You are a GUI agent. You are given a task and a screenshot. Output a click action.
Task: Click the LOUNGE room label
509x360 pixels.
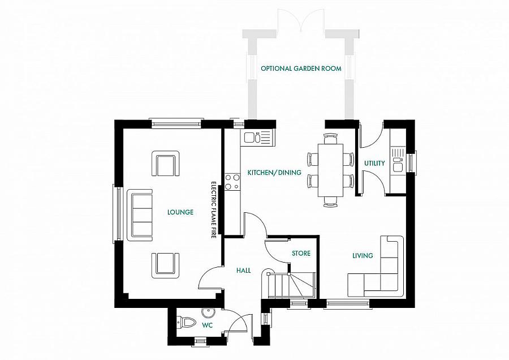(180, 212)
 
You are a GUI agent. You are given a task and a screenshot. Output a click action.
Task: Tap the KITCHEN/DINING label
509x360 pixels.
(274, 173)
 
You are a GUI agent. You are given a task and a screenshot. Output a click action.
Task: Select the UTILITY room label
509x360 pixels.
(374, 163)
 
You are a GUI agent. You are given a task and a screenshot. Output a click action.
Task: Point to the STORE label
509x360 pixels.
(301, 253)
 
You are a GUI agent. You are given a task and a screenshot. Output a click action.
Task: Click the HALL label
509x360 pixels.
(243, 271)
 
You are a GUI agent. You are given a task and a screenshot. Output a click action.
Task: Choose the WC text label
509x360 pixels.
(207, 325)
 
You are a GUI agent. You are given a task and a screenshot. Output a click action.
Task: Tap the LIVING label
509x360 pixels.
(363, 256)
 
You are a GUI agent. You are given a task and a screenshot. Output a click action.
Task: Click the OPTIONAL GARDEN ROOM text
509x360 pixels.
(301, 68)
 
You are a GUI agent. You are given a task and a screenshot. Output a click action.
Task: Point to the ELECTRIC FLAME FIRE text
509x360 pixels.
(214, 210)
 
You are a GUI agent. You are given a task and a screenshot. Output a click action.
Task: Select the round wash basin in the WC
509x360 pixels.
(206, 313)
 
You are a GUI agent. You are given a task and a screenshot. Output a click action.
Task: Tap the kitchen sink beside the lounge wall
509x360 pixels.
(258, 138)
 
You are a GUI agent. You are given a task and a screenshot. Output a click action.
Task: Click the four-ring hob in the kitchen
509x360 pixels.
(232, 182)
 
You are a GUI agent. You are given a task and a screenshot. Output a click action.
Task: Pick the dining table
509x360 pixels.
(330, 170)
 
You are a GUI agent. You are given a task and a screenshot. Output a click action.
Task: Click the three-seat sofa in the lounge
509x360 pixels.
(140, 215)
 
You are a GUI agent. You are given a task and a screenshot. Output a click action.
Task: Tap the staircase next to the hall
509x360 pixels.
(288, 284)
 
